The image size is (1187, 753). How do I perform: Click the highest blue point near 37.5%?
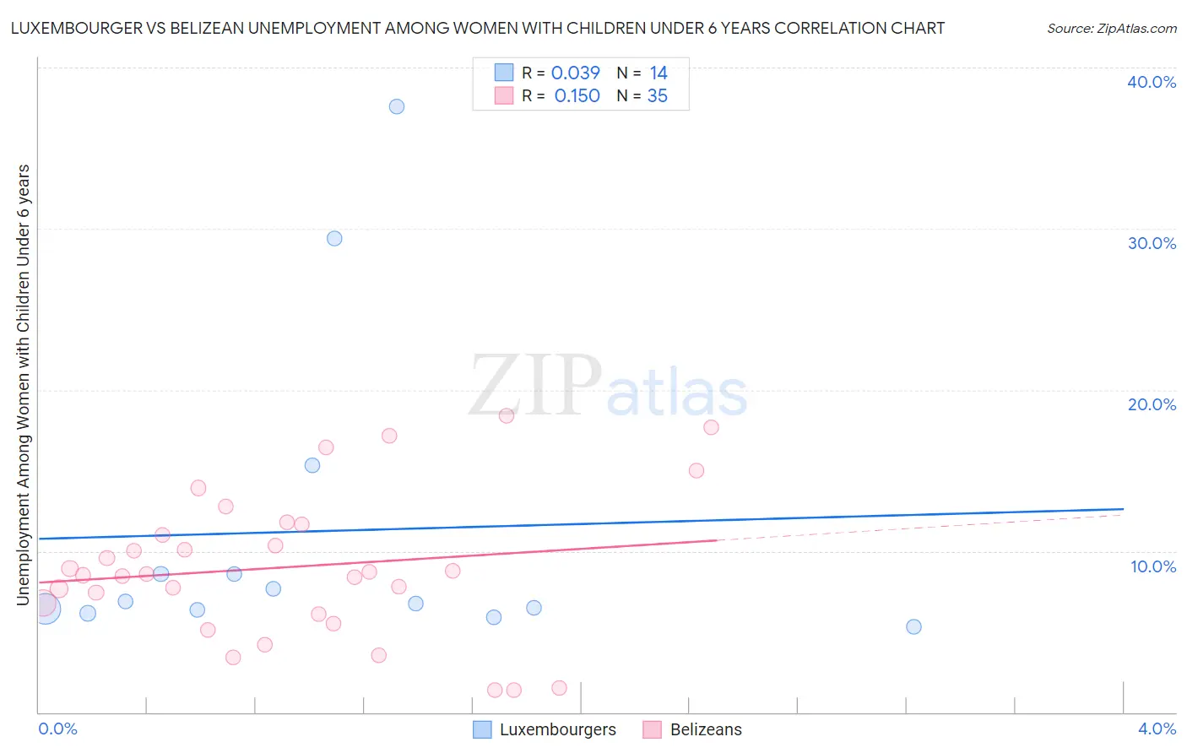(397, 106)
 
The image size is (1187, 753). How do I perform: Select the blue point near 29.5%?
(334, 238)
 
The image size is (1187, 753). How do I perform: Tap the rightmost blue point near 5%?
(913, 626)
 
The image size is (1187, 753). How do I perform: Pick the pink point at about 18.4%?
(507, 415)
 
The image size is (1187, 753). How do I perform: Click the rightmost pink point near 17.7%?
(711, 427)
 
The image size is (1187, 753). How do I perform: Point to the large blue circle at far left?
(46, 608)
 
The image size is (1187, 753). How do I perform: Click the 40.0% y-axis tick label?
(1152, 82)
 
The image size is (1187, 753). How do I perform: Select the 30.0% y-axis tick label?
(1152, 243)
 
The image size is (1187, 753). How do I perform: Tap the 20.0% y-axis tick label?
(1152, 404)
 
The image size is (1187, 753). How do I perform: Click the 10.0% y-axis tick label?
(1152, 566)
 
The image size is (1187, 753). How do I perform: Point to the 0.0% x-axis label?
(57, 729)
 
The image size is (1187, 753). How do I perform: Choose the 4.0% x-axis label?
(1157, 729)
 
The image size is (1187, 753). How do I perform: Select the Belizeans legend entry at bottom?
(706, 729)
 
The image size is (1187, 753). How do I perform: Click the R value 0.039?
(575, 73)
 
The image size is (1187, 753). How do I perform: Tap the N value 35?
(657, 96)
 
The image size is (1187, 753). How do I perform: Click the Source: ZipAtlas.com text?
(1111, 29)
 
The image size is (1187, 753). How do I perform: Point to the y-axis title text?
(24, 384)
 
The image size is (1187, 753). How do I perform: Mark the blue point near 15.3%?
(312, 465)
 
